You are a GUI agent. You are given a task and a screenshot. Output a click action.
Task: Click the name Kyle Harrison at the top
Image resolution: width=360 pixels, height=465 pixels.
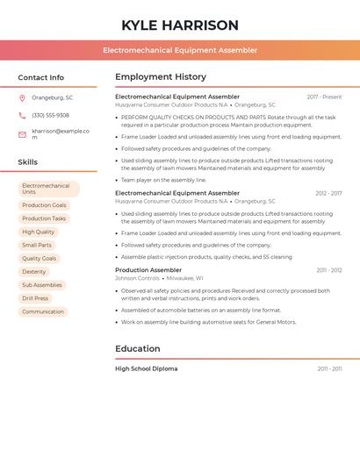180,25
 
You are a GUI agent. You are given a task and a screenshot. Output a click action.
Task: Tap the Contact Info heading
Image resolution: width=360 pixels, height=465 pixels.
40,77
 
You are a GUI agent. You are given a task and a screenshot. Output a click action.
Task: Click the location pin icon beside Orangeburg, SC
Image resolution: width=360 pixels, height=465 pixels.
22,97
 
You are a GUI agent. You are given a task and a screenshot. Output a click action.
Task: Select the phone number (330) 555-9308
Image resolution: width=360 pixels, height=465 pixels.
50,115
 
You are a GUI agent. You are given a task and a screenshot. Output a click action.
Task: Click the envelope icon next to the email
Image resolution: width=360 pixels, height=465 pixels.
22,134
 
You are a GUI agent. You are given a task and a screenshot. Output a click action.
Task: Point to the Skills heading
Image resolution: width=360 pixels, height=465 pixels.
28,162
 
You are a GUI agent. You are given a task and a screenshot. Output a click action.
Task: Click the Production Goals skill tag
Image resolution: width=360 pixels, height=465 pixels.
44,205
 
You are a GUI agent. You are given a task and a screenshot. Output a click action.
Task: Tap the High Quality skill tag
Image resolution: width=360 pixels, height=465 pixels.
38,232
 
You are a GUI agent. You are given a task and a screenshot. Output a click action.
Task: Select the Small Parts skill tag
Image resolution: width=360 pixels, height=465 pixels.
37,245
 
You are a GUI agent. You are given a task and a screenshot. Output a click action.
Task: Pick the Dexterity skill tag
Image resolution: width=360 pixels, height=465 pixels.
34,272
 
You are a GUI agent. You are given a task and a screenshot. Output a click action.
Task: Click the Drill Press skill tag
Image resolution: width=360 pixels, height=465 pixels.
35,298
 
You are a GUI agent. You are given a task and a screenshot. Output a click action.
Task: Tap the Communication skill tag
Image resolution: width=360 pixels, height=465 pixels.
43,311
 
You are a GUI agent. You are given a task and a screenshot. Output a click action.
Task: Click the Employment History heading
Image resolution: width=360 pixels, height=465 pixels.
161,77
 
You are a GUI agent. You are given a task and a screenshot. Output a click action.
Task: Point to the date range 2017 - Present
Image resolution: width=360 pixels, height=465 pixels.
324,97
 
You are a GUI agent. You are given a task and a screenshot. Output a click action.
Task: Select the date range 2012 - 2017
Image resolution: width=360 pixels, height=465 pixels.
328,193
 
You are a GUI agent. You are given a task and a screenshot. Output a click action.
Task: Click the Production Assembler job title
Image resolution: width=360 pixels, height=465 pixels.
148,270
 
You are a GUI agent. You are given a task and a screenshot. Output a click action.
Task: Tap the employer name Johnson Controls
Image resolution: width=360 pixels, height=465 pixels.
137,278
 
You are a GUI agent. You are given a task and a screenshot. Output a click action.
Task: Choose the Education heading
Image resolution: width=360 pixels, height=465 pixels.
138,348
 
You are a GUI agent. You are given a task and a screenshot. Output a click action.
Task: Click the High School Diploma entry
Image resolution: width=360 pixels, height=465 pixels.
146,368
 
